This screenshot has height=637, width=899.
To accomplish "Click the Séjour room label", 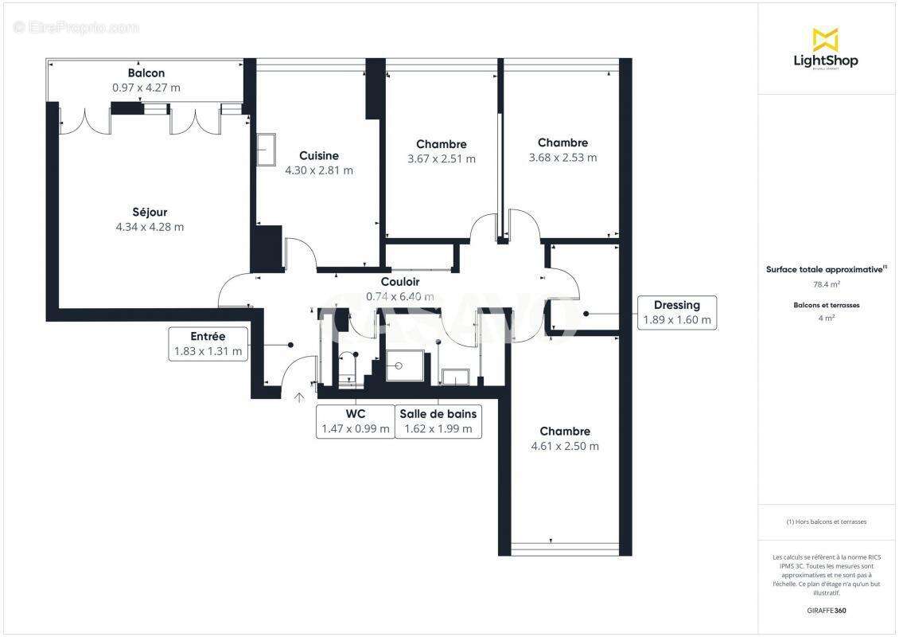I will click(x=150, y=212).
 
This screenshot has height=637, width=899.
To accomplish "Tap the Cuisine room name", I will click(x=319, y=155).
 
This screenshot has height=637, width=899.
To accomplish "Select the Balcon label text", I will click(x=146, y=73).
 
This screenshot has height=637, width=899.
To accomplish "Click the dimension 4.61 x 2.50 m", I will click(x=565, y=446).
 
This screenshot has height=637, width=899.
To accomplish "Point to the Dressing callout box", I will click(x=677, y=313).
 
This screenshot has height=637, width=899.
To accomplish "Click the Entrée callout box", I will click(x=208, y=343).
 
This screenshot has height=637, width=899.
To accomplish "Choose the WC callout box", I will click(x=356, y=421).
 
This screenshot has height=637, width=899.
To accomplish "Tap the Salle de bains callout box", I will click(x=438, y=421).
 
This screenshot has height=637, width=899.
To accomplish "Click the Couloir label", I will click(x=400, y=282).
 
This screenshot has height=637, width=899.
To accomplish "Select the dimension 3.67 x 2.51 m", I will click(x=442, y=158).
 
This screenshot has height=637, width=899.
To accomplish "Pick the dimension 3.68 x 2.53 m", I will click(x=562, y=158).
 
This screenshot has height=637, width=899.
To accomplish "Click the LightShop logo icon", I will click(x=825, y=39).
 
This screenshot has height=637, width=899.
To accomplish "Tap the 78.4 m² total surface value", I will click(x=825, y=283).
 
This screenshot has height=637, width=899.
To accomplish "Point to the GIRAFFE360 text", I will click(x=825, y=611).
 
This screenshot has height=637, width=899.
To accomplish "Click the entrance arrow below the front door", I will click(x=299, y=397).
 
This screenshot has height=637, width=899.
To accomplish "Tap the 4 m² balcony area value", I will click(x=825, y=318).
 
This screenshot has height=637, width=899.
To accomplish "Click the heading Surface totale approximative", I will click(x=824, y=269).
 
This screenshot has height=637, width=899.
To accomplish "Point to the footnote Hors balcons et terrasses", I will click(x=826, y=522).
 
